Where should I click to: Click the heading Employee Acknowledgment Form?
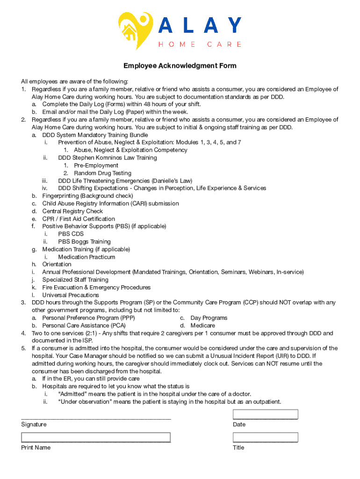click(180, 66)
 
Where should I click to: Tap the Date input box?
click(265, 414)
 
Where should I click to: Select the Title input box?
click(265, 437)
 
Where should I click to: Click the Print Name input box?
click(95, 437)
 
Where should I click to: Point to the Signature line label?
click(34, 425)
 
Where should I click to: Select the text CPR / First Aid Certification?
click(79, 219)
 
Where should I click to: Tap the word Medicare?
click(202, 326)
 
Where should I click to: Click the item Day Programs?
click(209, 318)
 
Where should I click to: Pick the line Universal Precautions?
click(71, 295)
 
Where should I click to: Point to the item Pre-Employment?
click(96, 166)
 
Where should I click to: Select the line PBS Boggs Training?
click(84, 242)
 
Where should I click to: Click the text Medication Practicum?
click(86, 257)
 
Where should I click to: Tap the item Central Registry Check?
click(72, 211)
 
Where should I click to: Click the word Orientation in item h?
click(57, 264)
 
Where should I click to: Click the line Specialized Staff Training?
click(75, 280)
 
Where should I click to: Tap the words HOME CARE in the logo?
click(200, 44)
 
